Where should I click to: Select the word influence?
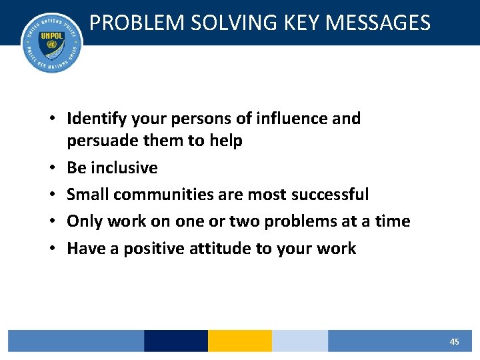(294, 119)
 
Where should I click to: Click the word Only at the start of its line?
(84, 221)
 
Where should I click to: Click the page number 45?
(454, 341)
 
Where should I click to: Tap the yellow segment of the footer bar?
(239, 341)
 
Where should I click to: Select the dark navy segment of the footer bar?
(175, 341)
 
